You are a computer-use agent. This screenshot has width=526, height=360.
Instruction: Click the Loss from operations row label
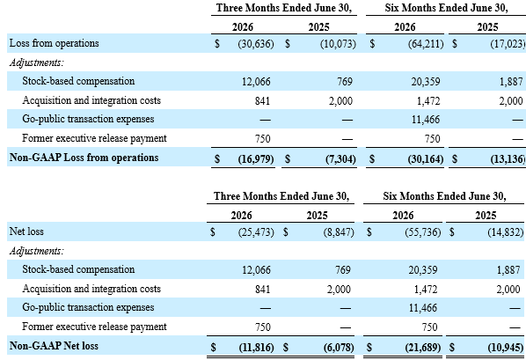(54, 43)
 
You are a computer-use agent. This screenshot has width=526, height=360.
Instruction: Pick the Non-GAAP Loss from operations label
(84, 158)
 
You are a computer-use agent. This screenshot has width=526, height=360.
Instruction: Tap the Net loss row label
(26, 231)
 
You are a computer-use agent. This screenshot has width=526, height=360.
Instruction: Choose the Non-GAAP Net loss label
(54, 346)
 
